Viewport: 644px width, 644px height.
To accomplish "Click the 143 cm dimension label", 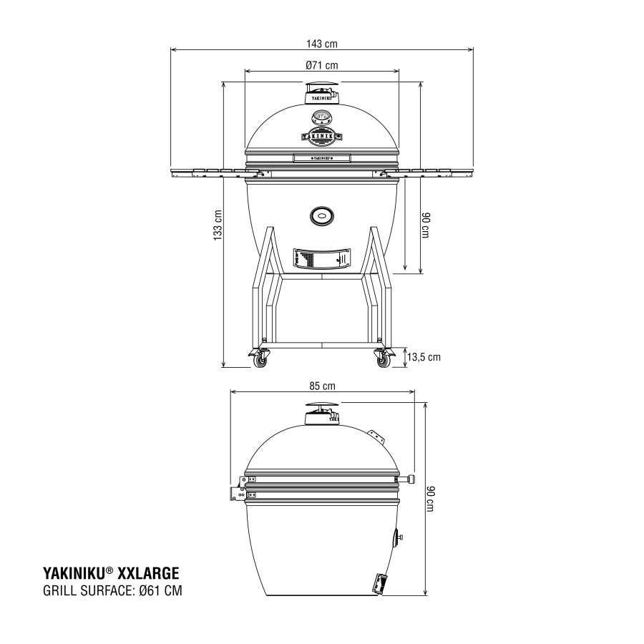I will pos(321,44).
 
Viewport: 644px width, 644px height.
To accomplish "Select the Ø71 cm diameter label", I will pos(321,66).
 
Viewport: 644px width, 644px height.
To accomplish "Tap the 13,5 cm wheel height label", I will pos(424,356).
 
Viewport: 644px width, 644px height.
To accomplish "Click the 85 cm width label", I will pos(322,386).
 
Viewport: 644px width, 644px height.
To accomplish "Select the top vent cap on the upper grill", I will pos(321,93).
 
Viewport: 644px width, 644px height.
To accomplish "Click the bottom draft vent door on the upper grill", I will pos(321,257).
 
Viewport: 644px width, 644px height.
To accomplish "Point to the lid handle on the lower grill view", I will pos(409,479).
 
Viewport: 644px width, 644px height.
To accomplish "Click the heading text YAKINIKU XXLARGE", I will pos(111,573).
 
